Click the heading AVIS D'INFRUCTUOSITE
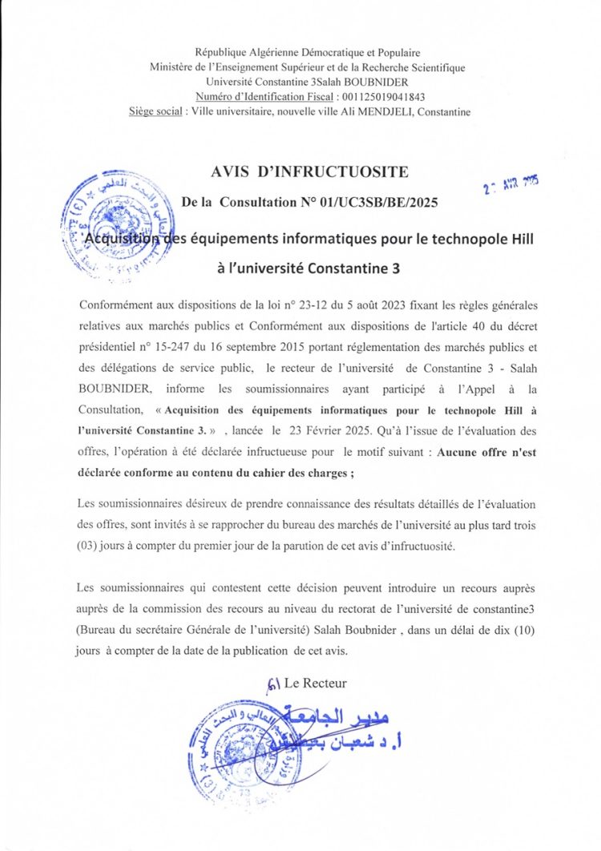click(x=309, y=171)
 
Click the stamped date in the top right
click(x=510, y=185)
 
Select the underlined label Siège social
click(x=155, y=111)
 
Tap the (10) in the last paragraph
click(x=520, y=630)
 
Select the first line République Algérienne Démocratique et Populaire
click(x=308, y=53)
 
